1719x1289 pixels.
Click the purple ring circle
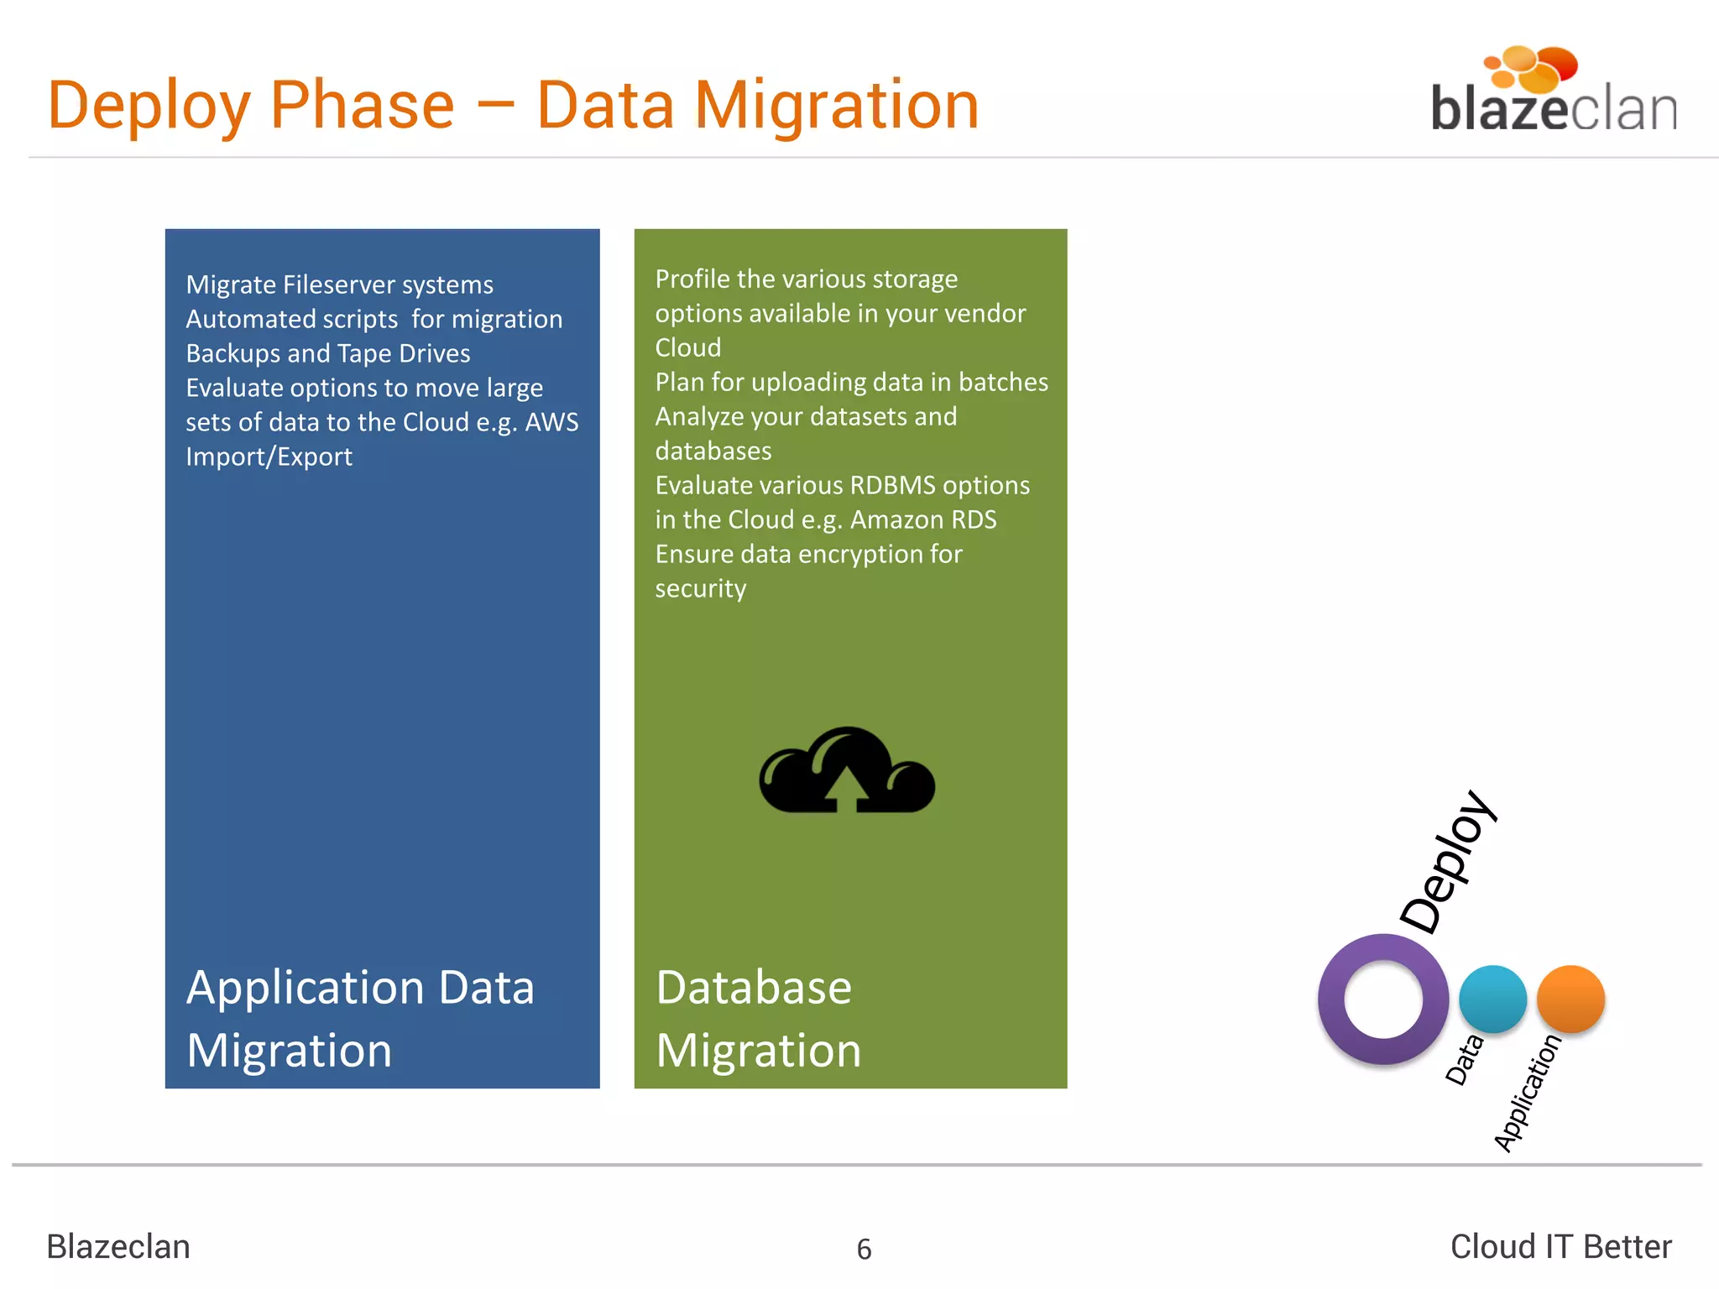click(x=1382, y=999)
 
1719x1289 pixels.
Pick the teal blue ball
click(x=1492, y=999)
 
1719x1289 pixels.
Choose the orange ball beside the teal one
click(x=1570, y=999)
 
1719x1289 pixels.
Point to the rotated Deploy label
click(x=1448, y=862)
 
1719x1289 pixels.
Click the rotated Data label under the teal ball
click(x=1465, y=1059)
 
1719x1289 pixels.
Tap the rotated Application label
click(x=1528, y=1093)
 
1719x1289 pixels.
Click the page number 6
click(x=864, y=1250)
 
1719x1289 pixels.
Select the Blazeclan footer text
click(x=118, y=1247)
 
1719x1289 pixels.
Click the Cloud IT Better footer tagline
click(x=1560, y=1247)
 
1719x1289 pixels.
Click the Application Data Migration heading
click(x=360, y=1018)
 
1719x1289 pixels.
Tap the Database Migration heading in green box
click(x=758, y=1018)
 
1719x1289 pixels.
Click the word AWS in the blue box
click(x=551, y=422)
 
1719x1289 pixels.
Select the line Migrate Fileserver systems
click(x=339, y=284)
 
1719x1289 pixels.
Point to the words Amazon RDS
click(x=923, y=519)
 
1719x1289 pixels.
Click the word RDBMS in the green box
click(x=892, y=485)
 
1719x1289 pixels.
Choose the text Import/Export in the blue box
click(x=269, y=457)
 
